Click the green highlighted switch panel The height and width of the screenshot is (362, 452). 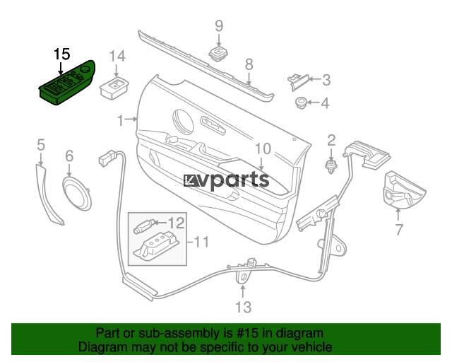click(x=66, y=83)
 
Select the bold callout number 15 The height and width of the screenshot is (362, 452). click(x=61, y=54)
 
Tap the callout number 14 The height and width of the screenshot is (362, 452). click(x=118, y=56)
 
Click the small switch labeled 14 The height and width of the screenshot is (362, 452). click(x=114, y=88)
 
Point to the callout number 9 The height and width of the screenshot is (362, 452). click(x=219, y=25)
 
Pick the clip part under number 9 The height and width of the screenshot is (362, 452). click(x=218, y=54)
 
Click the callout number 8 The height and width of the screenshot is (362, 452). click(x=249, y=64)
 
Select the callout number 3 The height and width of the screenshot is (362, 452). click(x=326, y=80)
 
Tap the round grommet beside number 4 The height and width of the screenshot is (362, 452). click(x=302, y=103)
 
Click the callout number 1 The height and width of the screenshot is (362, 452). click(x=121, y=120)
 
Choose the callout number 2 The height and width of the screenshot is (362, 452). click(x=331, y=140)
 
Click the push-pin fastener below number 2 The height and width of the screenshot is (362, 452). click(x=331, y=167)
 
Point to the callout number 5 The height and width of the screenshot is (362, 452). click(x=41, y=144)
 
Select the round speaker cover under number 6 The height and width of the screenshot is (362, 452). click(x=77, y=193)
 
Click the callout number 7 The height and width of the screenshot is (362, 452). click(x=398, y=230)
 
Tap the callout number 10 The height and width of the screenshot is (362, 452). click(x=263, y=149)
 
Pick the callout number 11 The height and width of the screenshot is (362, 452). click(x=201, y=241)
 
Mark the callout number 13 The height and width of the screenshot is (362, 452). click(x=243, y=307)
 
